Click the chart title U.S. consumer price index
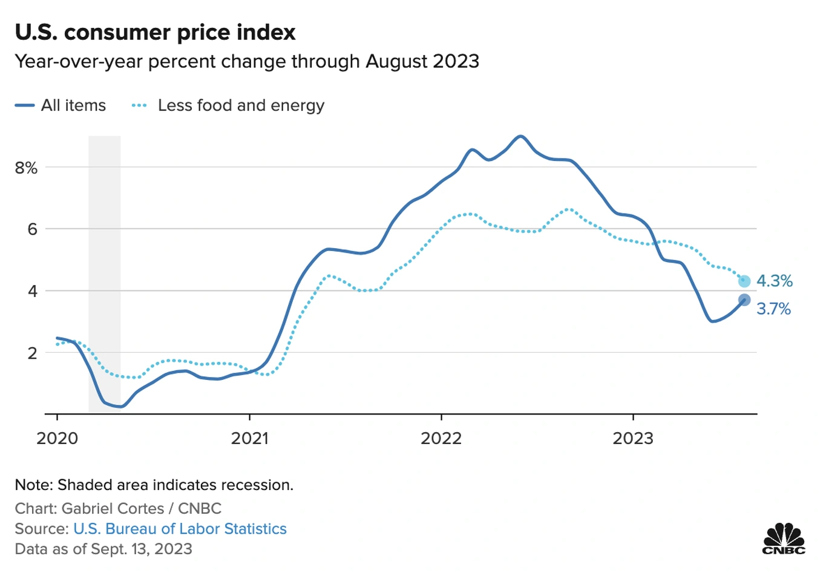click(155, 32)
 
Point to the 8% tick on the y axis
click(26, 168)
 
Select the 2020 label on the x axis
click(57, 438)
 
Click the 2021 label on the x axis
click(249, 438)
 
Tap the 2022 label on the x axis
click(441, 438)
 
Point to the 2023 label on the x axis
click(633, 438)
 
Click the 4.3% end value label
click(774, 281)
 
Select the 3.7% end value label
click(773, 309)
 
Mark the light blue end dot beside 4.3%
click(744, 281)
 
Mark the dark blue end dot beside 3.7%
click(744, 300)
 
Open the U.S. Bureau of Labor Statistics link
click(180, 529)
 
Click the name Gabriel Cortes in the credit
click(113, 508)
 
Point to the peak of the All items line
click(520, 136)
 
